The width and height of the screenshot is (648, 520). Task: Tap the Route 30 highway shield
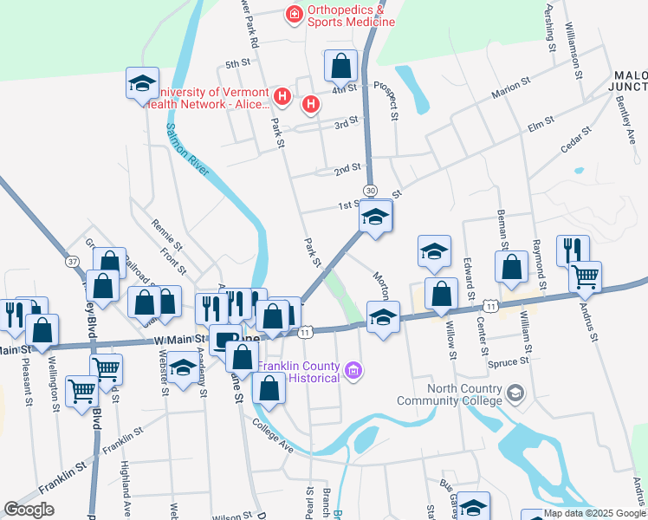tap(370, 190)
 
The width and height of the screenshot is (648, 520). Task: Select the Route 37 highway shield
tap(71, 262)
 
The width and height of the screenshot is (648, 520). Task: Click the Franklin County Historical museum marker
tap(352, 372)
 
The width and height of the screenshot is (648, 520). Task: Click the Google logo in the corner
tap(29, 510)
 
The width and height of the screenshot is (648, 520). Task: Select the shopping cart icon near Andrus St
tap(586, 276)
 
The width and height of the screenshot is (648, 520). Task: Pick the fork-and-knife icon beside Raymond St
tap(572, 250)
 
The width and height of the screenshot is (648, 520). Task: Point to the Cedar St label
tap(575, 141)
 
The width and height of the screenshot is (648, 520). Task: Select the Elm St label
tap(541, 127)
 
